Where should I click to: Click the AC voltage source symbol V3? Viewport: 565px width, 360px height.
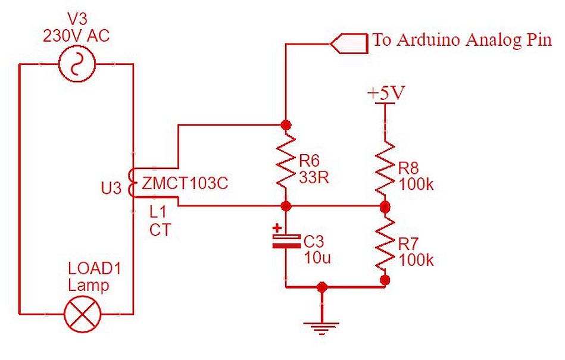[x=77, y=64]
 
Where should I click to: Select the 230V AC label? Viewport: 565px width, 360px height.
[x=76, y=35]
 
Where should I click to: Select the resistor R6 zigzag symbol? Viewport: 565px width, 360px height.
[x=286, y=165]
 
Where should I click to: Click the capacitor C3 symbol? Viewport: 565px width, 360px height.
[x=286, y=241]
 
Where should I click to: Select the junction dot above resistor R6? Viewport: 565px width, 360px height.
[x=286, y=125]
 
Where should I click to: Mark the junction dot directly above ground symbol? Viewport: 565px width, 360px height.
[x=321, y=287]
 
